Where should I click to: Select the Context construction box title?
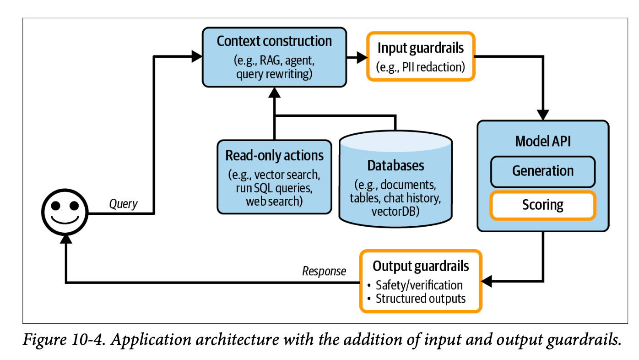(x=274, y=41)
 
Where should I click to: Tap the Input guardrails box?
(x=420, y=56)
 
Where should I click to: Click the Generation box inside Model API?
(x=542, y=171)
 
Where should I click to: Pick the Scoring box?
(x=542, y=205)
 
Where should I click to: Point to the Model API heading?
(x=543, y=141)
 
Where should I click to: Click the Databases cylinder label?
(x=395, y=165)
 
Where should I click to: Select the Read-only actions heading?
(x=274, y=156)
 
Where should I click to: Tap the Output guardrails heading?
(x=420, y=266)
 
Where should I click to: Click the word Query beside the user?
(x=123, y=204)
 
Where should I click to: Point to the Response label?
(x=324, y=271)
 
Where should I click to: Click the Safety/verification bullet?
(x=419, y=285)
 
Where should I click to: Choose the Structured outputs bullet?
(x=420, y=299)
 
